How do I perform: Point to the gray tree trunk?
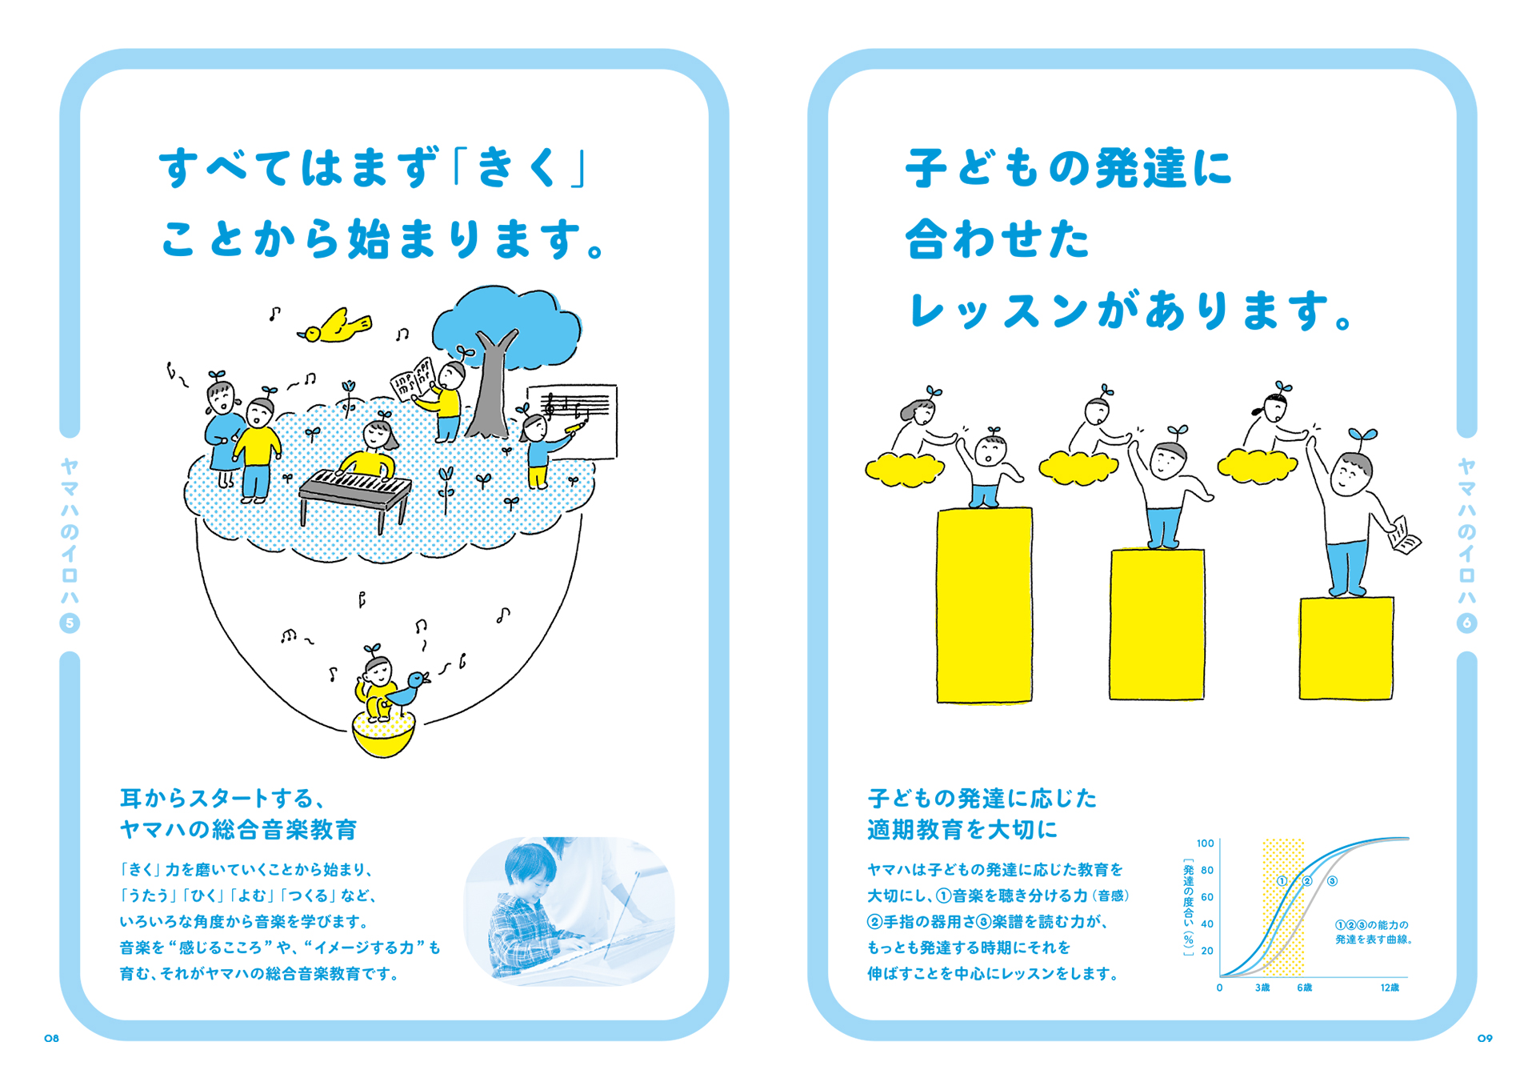click(490, 392)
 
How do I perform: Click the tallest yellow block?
click(984, 606)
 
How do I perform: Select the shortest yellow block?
click(1346, 648)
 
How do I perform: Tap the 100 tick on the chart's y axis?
click(1205, 843)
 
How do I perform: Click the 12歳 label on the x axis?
click(1390, 988)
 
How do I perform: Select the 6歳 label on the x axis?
click(1304, 988)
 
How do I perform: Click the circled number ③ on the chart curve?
click(1332, 881)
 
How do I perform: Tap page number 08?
click(52, 1038)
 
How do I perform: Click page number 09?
click(1485, 1038)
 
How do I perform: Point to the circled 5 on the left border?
click(70, 623)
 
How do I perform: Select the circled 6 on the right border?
click(1466, 623)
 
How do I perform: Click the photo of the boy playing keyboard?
click(569, 911)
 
